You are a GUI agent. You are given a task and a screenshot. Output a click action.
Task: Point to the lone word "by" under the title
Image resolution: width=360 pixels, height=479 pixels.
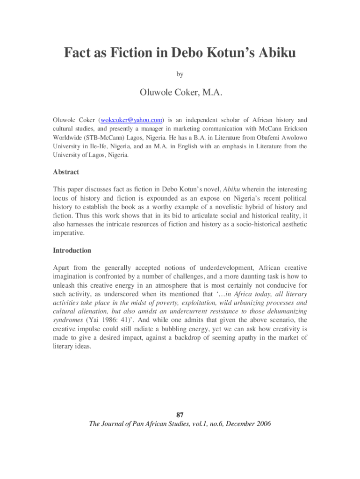[x=180, y=74]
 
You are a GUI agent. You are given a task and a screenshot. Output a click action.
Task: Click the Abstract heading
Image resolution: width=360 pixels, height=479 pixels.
[x=66, y=172]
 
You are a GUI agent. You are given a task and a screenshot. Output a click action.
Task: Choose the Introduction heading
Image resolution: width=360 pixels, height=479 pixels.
[x=72, y=251]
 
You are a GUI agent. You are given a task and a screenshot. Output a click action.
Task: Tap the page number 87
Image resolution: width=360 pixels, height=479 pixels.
[x=180, y=415]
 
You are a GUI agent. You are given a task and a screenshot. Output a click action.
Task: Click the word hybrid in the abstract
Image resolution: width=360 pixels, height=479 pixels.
[x=252, y=207]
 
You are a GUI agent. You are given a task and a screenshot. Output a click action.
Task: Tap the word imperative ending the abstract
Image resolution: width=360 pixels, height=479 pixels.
[x=69, y=232]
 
